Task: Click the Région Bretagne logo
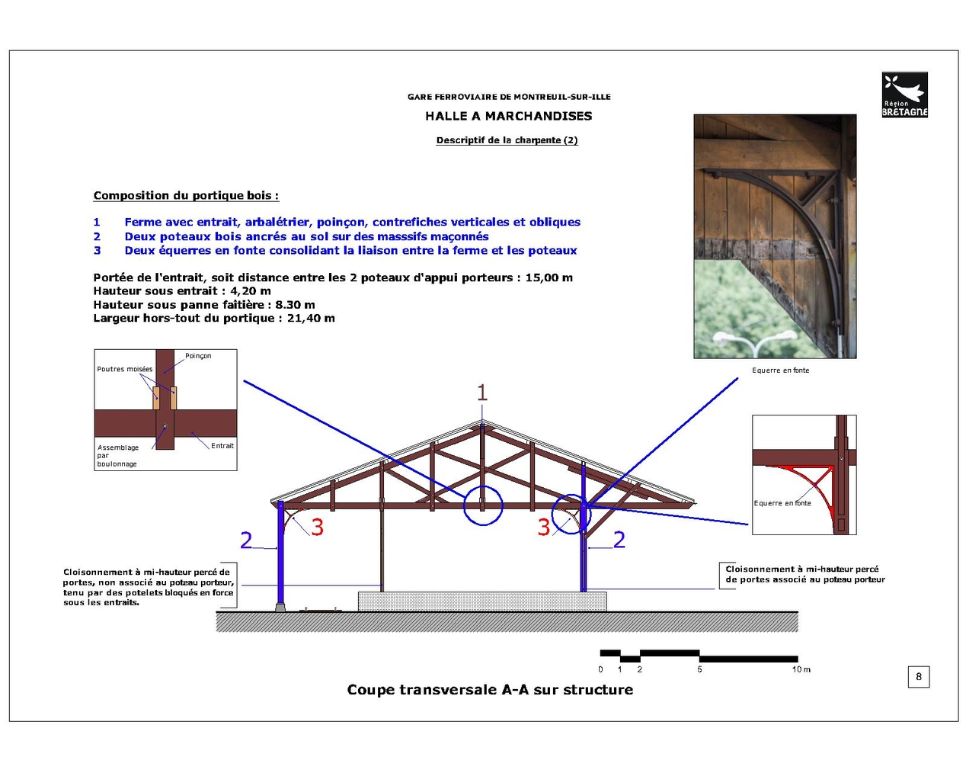904,95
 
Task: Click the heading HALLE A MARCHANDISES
508,116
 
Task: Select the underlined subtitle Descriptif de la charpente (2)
507,140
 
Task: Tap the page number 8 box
918,676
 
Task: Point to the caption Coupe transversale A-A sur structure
490,690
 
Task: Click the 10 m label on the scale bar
801,669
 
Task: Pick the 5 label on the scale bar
699,669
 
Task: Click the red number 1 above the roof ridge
481,393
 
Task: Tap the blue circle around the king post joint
483,505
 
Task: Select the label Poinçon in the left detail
198,356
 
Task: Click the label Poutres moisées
124,369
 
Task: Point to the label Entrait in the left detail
222,446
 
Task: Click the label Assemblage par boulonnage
117,455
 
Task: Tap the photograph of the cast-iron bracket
775,236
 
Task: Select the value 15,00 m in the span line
549,277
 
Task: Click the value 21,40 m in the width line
311,318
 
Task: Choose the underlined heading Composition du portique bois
186,196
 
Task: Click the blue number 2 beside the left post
246,540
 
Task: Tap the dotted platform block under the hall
482,601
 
